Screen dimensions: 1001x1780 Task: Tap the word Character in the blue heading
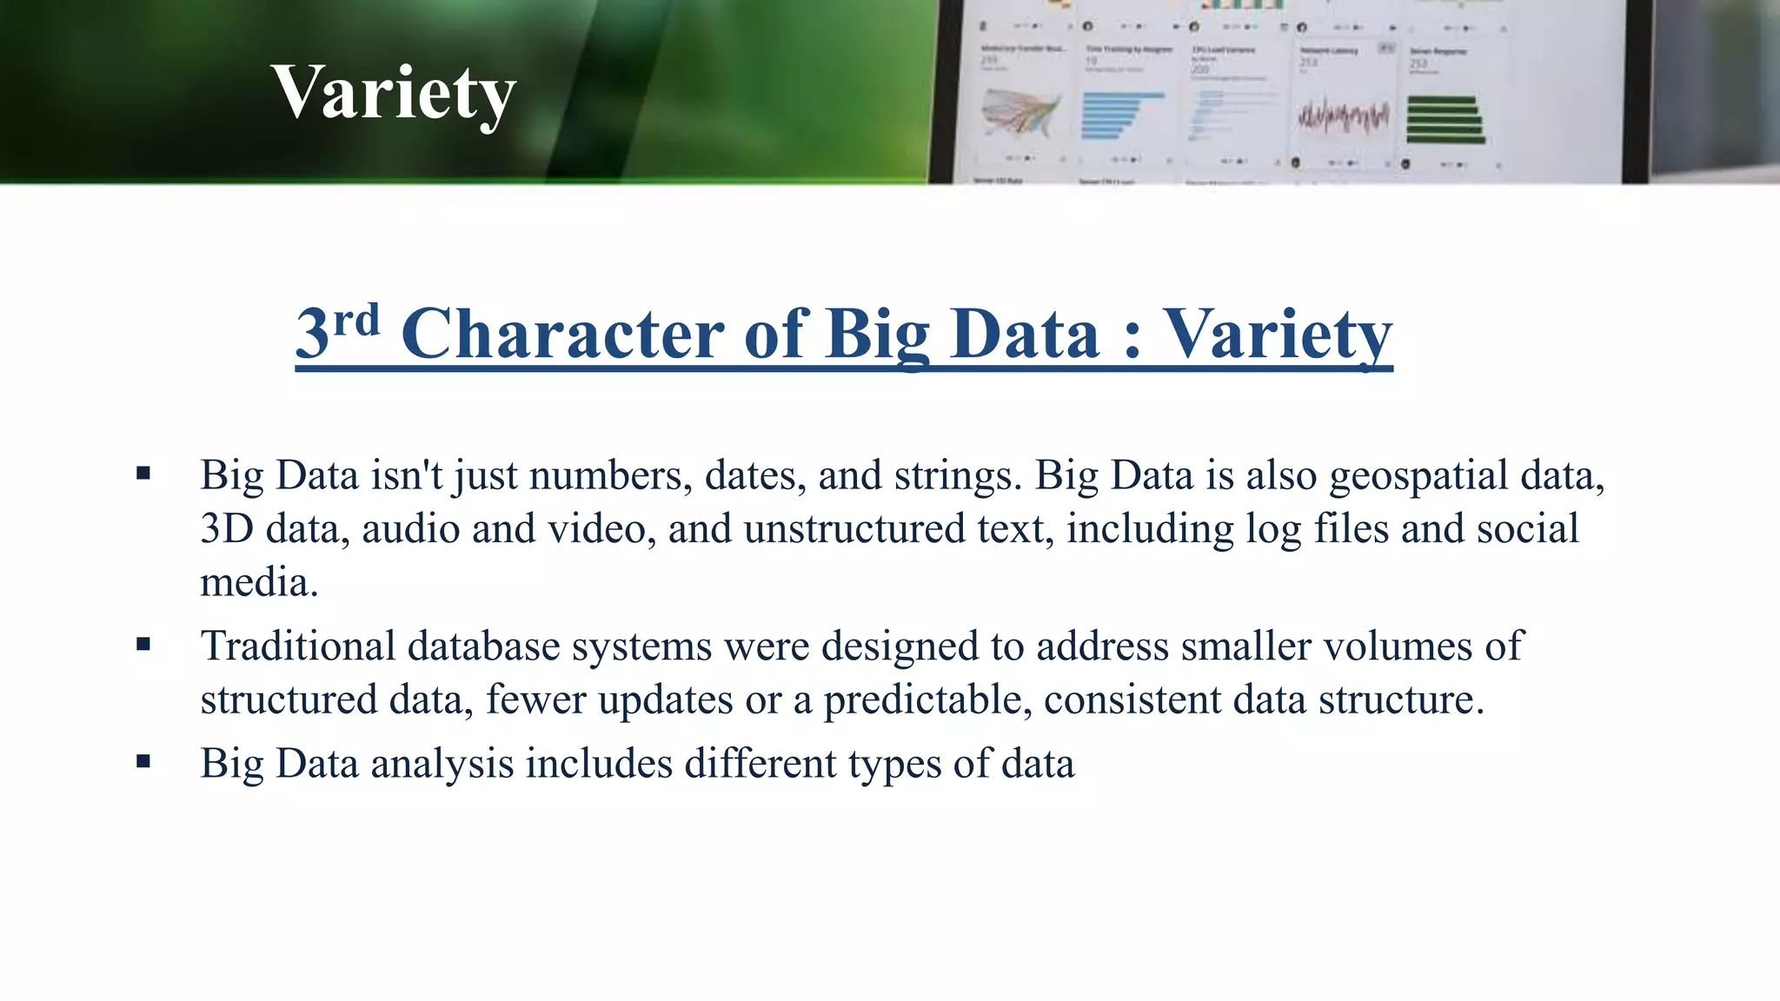click(561, 335)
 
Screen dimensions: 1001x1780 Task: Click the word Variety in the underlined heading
click(1278, 335)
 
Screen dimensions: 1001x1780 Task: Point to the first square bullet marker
click(143, 474)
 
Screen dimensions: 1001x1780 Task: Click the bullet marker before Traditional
click(143, 644)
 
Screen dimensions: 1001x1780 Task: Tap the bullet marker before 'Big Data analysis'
click(143, 761)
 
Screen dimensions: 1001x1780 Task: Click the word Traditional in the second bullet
click(297, 646)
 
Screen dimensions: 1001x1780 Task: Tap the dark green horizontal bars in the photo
click(1445, 120)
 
